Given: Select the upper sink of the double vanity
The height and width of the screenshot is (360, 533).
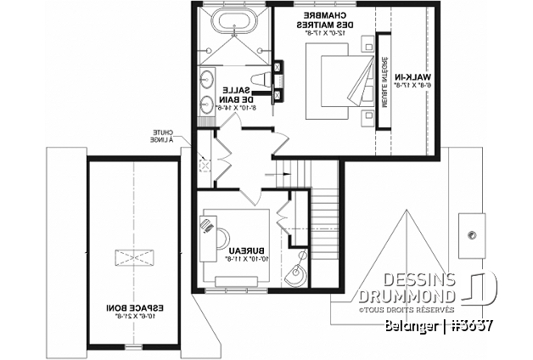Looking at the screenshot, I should [x=208, y=82].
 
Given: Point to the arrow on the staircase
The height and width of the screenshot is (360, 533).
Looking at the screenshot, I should [x=277, y=171].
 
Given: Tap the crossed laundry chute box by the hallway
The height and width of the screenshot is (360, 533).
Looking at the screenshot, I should [x=204, y=165].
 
